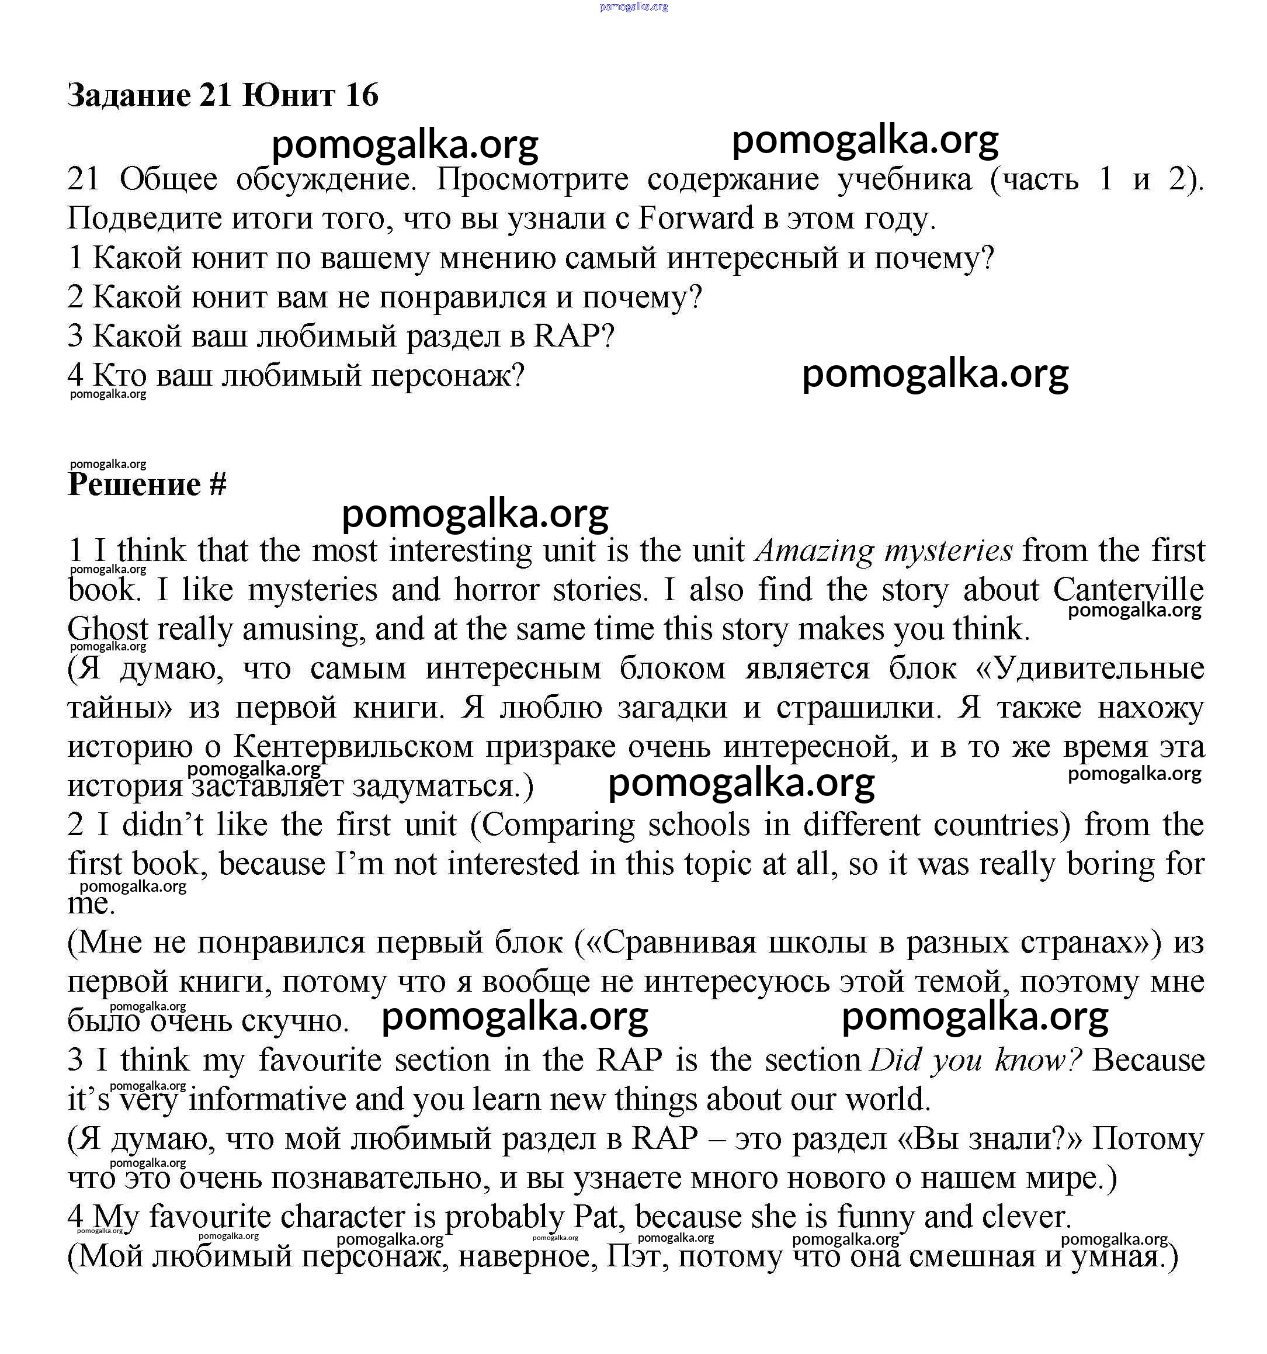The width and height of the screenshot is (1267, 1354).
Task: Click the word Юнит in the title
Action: coord(288,95)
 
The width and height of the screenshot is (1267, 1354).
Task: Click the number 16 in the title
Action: coord(361,95)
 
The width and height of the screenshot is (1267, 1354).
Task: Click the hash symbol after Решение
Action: coord(218,485)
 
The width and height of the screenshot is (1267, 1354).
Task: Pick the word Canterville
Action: coord(1128,590)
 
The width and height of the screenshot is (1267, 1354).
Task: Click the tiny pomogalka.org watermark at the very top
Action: coord(634,7)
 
